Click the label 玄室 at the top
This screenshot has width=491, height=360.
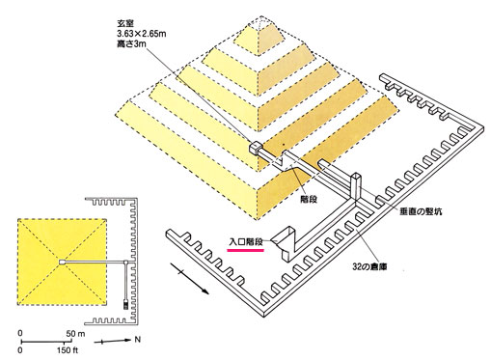(x=124, y=23)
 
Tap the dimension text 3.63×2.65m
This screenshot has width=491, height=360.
(x=141, y=34)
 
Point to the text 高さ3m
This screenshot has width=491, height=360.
(x=131, y=43)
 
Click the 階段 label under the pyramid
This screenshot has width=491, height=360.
(x=309, y=199)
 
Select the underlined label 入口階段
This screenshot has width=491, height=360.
(x=246, y=241)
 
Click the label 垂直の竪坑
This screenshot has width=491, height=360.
(x=421, y=211)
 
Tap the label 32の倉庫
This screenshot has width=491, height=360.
(x=369, y=266)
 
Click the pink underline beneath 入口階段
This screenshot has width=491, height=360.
(x=246, y=250)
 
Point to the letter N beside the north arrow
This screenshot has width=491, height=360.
(x=138, y=340)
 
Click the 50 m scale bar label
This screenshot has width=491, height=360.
(x=75, y=334)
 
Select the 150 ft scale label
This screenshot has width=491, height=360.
(x=68, y=350)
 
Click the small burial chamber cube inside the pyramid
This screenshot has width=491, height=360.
(x=256, y=148)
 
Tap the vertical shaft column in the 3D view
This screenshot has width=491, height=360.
(x=357, y=187)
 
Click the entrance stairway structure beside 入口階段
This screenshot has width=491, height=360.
(x=287, y=242)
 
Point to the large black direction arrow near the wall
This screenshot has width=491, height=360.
(x=189, y=278)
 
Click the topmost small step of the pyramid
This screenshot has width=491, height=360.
(x=259, y=38)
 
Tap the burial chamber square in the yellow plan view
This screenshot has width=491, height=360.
(x=62, y=263)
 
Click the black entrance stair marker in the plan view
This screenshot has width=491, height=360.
(x=125, y=305)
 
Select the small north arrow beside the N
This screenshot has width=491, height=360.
(x=113, y=341)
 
